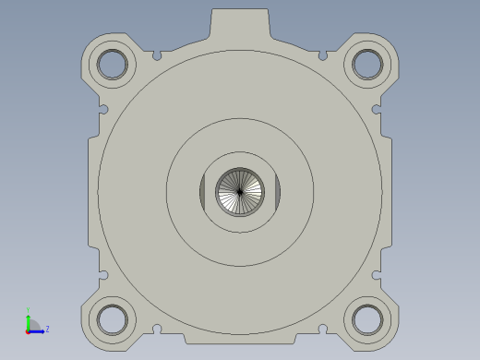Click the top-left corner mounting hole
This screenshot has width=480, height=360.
click(112, 64)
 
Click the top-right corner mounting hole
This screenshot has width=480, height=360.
click(366, 64)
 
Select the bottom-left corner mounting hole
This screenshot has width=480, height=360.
click(112, 318)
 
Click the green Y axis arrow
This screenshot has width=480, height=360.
click(29, 319)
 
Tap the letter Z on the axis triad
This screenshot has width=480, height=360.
click(47, 329)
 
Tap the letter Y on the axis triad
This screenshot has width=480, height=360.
click(29, 310)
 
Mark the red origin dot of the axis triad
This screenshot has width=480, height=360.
click(29, 330)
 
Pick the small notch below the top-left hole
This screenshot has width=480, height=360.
click(103, 109)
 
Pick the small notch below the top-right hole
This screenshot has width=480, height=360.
click(376, 109)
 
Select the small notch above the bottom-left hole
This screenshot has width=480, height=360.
click(103, 274)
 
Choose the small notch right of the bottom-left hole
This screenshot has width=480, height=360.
click(157, 328)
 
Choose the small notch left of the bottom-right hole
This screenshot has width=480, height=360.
click(322, 328)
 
